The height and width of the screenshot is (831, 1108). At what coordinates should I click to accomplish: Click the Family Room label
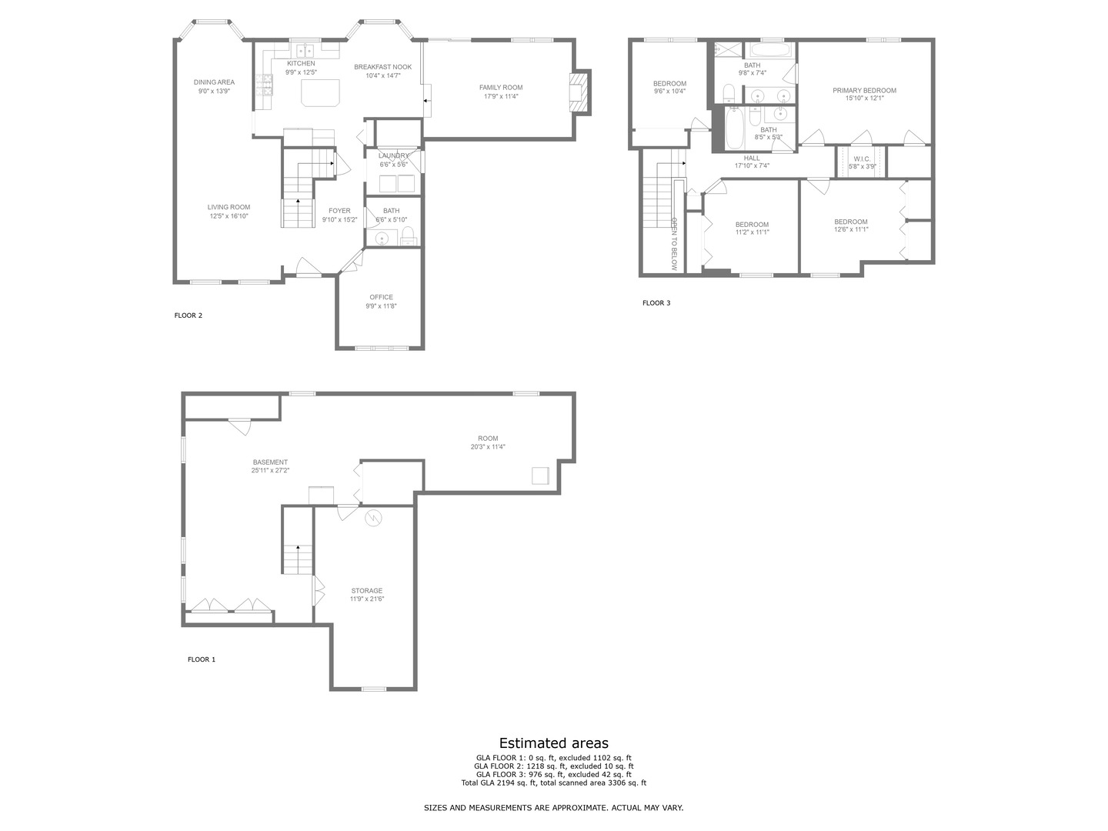501,87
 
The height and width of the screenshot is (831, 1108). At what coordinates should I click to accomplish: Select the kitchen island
320,92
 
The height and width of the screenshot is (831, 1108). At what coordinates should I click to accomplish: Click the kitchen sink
305,51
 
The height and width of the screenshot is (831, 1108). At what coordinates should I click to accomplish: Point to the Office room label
381,297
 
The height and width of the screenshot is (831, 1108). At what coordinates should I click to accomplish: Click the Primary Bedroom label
864,90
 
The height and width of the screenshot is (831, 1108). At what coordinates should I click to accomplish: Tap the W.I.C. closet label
863,159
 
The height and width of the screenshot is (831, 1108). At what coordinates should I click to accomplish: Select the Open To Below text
674,244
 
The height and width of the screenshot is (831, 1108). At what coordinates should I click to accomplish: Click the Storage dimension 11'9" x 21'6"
367,599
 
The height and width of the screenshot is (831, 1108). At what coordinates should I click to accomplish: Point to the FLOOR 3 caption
656,302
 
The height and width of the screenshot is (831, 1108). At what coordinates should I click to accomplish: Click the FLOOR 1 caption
202,659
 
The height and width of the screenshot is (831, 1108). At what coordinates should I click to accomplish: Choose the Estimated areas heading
554,743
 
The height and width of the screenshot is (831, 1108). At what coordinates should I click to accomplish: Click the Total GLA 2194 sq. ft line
554,783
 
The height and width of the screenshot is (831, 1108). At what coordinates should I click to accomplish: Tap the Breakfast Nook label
382,67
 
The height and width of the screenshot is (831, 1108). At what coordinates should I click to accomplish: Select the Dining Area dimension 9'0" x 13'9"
214,91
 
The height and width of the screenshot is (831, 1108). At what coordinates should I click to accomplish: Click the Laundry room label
393,156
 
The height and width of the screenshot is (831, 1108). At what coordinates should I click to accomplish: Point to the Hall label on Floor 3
752,158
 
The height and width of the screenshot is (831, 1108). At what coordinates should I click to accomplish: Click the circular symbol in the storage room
373,517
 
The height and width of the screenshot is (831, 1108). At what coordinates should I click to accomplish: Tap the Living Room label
229,207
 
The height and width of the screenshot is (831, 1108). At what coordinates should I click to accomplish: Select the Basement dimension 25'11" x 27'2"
271,470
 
